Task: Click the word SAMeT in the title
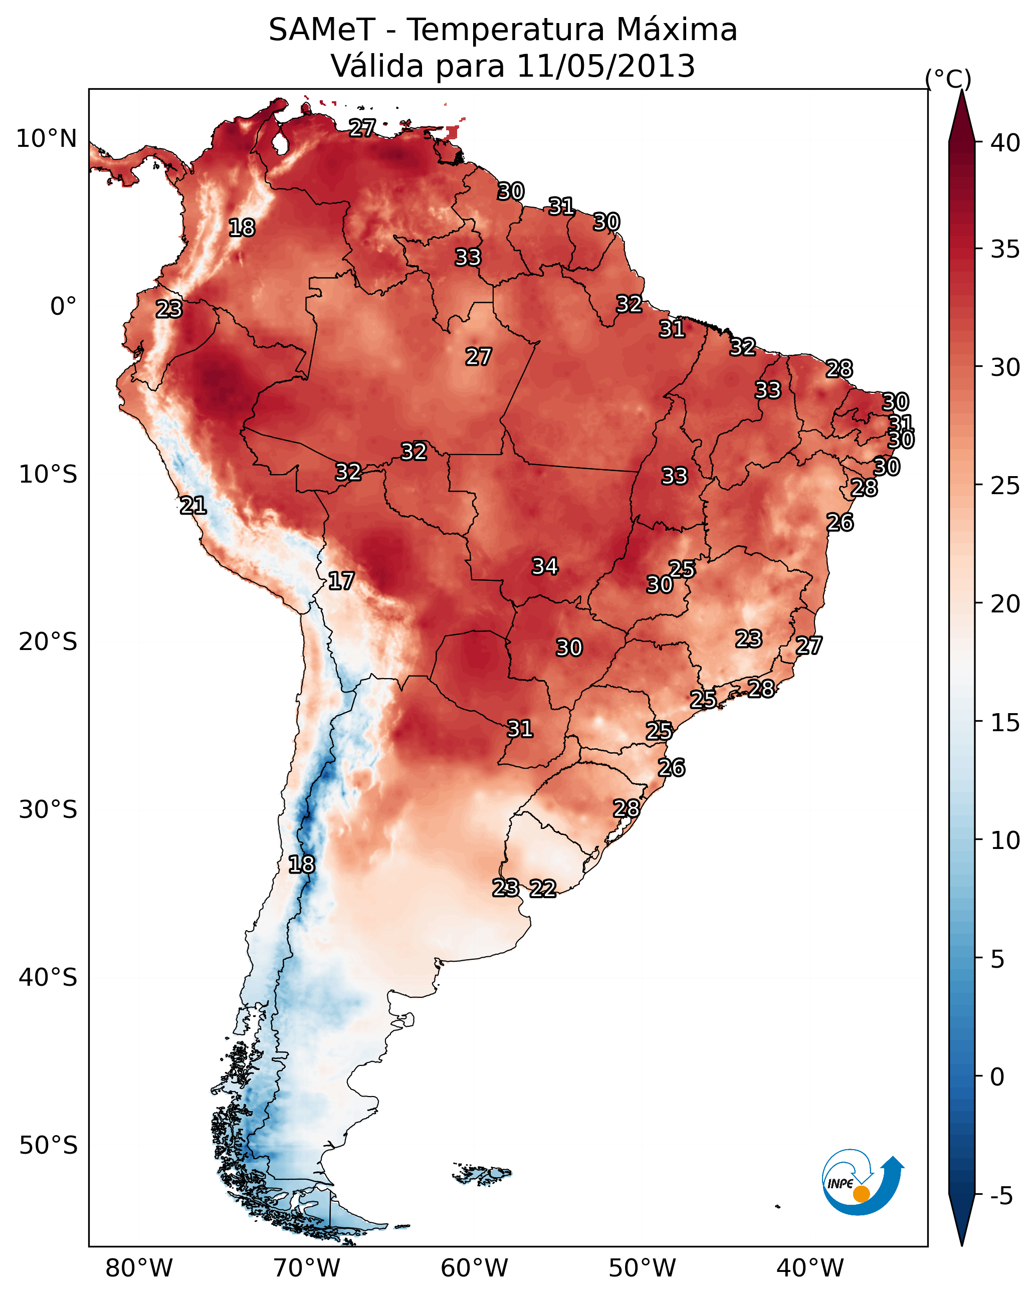(x=322, y=30)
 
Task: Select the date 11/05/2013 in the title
(x=605, y=66)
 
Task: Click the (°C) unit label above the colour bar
(x=948, y=79)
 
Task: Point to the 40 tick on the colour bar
(x=1005, y=142)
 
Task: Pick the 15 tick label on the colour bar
(x=1005, y=723)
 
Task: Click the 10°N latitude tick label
(x=46, y=139)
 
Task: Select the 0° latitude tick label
(x=64, y=307)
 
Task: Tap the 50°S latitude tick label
(x=48, y=1146)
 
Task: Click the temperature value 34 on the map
(x=545, y=566)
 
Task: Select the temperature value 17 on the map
(x=341, y=581)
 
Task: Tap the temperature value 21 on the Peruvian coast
(x=193, y=506)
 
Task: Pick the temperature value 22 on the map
(x=543, y=889)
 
